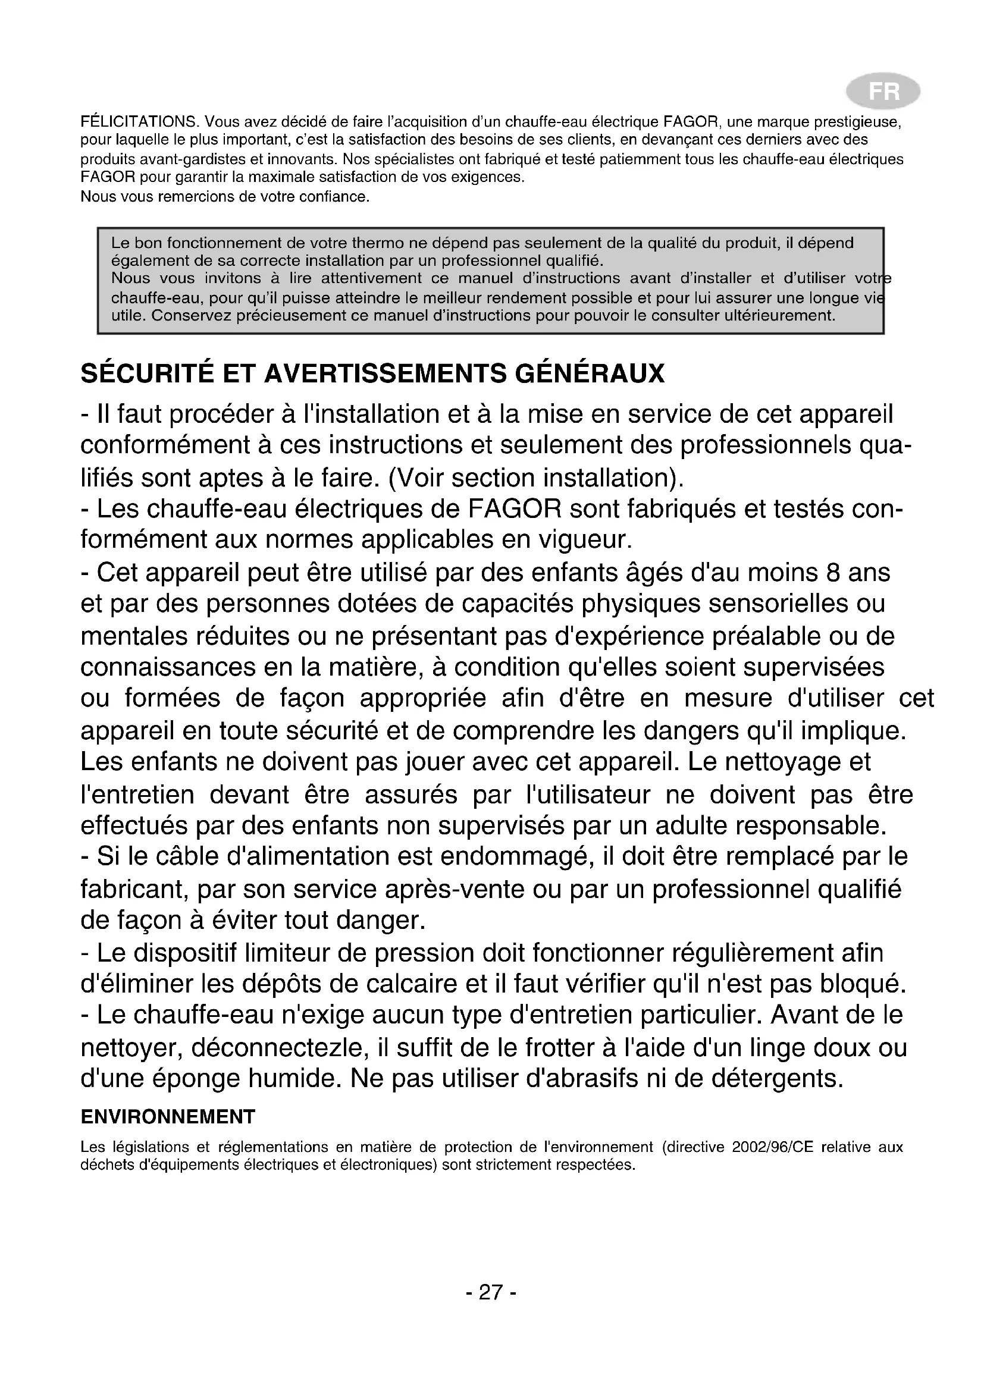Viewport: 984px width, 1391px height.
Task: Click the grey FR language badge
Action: tap(883, 92)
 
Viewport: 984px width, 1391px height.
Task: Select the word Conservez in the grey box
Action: tap(190, 316)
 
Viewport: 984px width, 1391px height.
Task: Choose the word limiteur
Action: tap(287, 953)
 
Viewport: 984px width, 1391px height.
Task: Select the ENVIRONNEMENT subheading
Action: tap(168, 1117)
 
